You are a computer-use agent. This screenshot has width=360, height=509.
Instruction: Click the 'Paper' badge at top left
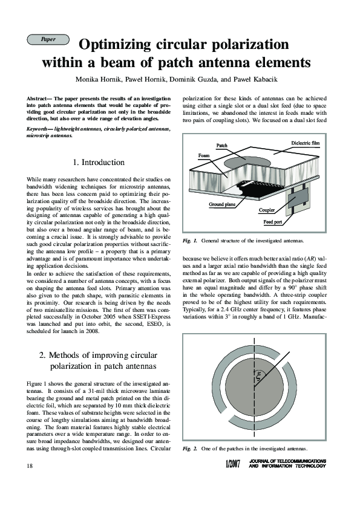[48, 39]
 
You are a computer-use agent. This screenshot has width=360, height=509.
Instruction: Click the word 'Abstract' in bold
[40, 98]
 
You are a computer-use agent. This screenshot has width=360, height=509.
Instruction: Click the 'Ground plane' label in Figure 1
[222, 205]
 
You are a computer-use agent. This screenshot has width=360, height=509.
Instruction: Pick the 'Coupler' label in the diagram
[267, 210]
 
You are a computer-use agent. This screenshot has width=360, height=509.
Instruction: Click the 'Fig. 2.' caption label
[190, 448]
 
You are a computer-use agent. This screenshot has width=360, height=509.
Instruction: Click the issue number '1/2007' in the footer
[232, 465]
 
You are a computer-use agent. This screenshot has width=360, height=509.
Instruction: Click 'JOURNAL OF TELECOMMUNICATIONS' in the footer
[287, 461]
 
